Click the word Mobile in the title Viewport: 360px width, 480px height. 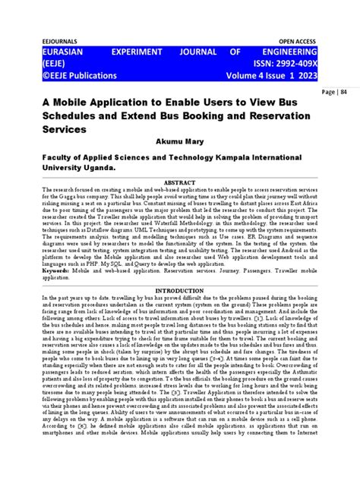coord(84,102)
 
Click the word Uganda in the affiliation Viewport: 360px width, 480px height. coord(95,167)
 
